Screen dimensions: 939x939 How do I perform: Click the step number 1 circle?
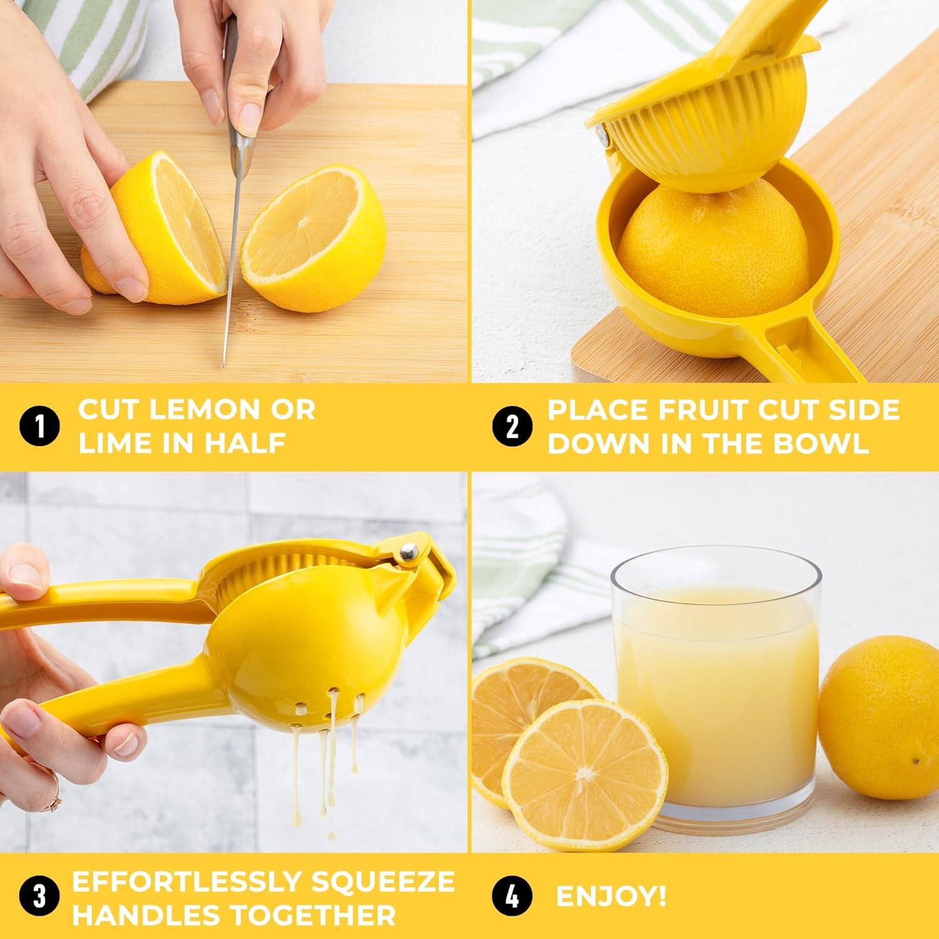(40, 427)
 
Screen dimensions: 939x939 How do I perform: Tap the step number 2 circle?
(512, 427)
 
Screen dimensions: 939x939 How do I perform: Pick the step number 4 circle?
(512, 896)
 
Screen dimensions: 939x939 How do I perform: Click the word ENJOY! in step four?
(611, 896)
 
